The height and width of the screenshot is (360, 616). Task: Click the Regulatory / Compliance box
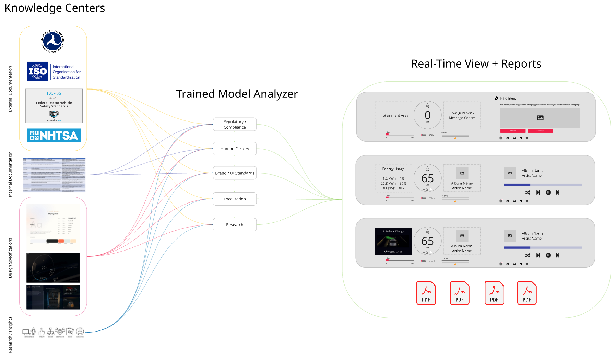coord(235,124)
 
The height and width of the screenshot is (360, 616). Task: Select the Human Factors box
coord(235,149)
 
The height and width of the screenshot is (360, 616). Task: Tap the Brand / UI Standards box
coord(235,173)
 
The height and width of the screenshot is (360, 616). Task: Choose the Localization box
coord(235,199)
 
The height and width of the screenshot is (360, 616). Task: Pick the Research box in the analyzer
coord(235,224)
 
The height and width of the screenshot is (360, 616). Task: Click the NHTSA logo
coord(54,135)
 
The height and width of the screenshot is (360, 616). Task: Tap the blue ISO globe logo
coord(38,71)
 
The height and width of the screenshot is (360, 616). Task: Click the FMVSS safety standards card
coord(54,105)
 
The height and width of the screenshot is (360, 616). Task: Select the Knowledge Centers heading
coord(55,8)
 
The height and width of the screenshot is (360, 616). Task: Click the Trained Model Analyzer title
coord(237,94)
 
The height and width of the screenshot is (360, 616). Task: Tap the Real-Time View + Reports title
coord(476,64)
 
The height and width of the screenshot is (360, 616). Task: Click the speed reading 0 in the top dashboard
coord(427,115)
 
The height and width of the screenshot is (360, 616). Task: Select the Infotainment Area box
coord(393,115)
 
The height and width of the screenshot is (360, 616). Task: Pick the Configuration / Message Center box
coord(462,115)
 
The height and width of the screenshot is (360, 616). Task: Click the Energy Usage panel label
coord(393,169)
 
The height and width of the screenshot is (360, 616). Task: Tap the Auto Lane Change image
coord(393,241)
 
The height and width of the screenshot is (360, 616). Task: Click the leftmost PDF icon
coord(426,293)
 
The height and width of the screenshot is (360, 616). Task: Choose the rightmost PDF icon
coord(526,293)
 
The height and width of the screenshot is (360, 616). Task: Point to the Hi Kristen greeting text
coord(508,98)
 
